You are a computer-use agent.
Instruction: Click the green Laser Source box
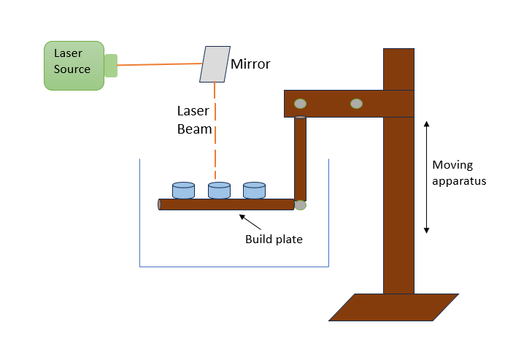(x=73, y=64)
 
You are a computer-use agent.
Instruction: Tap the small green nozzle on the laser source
(x=111, y=65)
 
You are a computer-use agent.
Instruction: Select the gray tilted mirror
(x=214, y=64)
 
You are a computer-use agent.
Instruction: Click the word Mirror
(x=250, y=64)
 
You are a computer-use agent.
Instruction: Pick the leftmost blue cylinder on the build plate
(x=183, y=191)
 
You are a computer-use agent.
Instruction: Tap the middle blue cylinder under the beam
(x=219, y=191)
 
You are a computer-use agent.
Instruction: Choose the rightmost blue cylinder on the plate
(x=254, y=191)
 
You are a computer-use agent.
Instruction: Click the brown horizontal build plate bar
(x=226, y=204)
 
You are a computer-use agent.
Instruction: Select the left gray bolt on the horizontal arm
(x=300, y=103)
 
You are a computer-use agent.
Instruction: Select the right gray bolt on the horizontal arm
(x=356, y=103)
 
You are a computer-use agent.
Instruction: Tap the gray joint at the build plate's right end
(x=300, y=206)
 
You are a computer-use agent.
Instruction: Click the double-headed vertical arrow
(x=427, y=177)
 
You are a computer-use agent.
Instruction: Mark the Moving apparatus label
(x=459, y=172)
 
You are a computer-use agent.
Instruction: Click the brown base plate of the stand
(x=394, y=307)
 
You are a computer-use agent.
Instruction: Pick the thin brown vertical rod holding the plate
(x=300, y=157)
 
